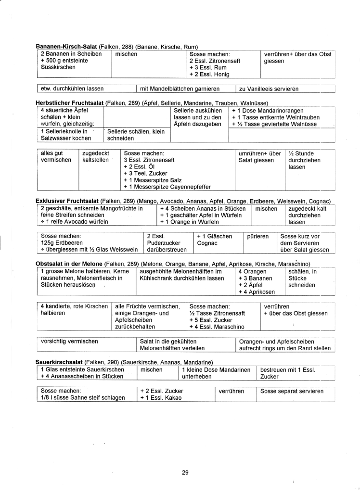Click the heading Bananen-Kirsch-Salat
click(67, 47)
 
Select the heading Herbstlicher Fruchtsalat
click(69, 103)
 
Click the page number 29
click(185, 472)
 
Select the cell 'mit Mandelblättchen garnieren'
click(179, 89)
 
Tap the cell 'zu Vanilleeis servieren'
click(269, 89)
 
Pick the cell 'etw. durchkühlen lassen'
click(72, 89)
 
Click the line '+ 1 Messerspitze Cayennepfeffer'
click(167, 187)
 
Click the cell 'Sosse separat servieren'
click(292, 391)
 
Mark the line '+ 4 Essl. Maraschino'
click(217, 327)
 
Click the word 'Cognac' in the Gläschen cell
click(207, 243)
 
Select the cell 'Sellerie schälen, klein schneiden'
click(136, 134)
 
